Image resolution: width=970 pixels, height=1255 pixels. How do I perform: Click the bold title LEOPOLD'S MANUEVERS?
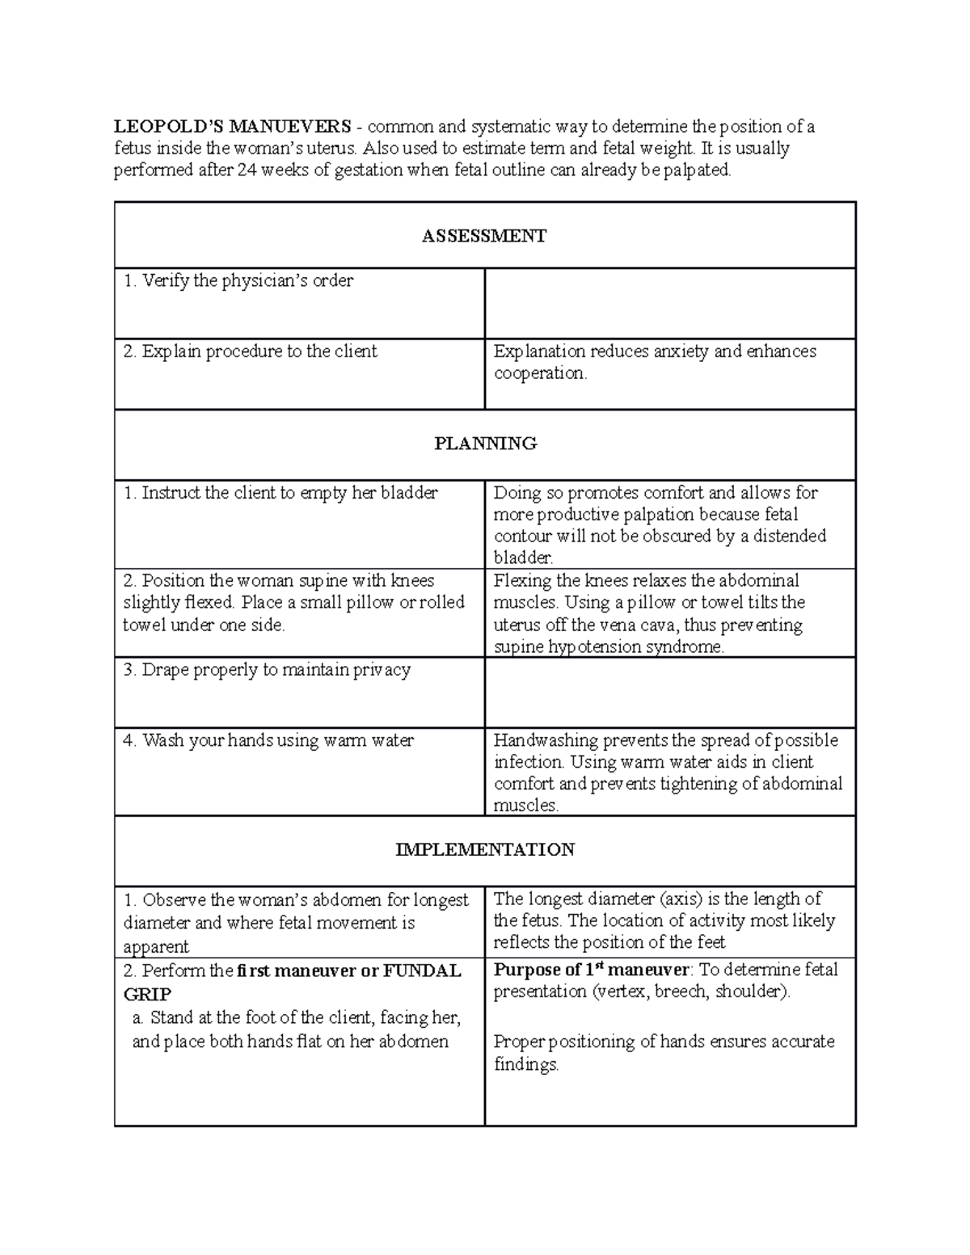(x=232, y=127)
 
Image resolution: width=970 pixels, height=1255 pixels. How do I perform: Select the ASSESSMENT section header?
(x=484, y=236)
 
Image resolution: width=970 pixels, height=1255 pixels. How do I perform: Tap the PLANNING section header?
(x=485, y=444)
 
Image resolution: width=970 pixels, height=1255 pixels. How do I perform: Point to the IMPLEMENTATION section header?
(x=485, y=850)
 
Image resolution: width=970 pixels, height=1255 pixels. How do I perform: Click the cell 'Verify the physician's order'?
(x=238, y=281)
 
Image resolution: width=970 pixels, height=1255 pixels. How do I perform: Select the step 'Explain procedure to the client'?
(x=251, y=352)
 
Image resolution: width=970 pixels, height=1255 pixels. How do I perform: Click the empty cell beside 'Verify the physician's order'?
(x=669, y=303)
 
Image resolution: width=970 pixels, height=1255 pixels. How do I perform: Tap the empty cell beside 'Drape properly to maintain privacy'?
(x=669, y=692)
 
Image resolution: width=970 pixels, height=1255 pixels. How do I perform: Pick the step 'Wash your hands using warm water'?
(x=268, y=740)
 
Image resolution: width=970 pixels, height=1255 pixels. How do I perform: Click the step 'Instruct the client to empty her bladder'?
(x=280, y=493)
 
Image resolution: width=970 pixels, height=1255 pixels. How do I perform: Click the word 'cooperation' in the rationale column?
(x=539, y=373)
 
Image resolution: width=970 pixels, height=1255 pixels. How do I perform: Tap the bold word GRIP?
(x=147, y=994)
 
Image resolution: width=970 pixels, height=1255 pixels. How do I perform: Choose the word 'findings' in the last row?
(x=525, y=1064)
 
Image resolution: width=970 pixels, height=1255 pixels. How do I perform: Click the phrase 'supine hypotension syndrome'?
(x=608, y=646)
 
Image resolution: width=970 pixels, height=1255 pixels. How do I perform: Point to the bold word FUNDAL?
(x=422, y=971)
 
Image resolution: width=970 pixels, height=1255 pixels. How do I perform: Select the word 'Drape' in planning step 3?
(x=164, y=670)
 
